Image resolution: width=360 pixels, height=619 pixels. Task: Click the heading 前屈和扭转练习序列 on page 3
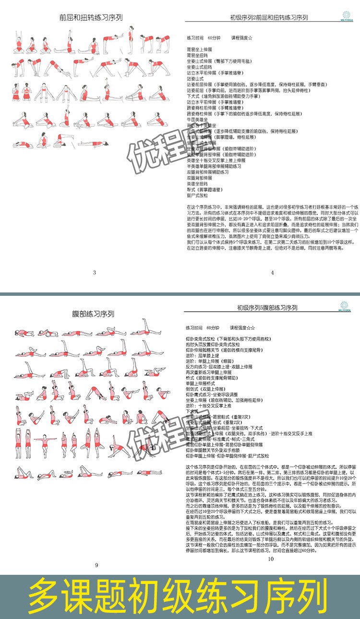point(91,17)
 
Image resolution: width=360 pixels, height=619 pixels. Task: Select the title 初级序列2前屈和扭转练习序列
point(268,18)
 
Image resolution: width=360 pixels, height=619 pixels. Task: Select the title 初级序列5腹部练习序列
point(267,308)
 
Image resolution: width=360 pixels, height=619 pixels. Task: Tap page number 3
point(95,273)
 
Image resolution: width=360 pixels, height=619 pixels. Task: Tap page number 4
point(272,273)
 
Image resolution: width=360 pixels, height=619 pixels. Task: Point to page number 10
point(270,559)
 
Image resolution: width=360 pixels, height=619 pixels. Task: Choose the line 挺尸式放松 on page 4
point(197,195)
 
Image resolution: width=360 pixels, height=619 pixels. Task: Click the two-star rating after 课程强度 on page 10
point(252,328)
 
